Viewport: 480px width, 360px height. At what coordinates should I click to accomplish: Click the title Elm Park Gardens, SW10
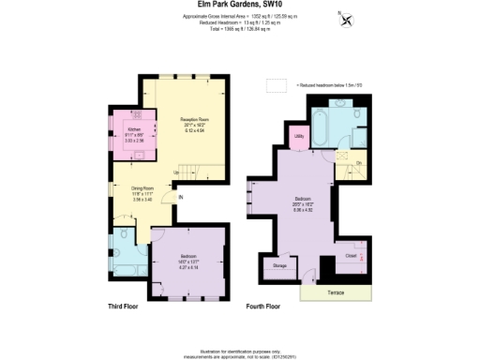[x=240, y=5]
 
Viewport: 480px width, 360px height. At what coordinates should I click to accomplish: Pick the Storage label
[x=279, y=266]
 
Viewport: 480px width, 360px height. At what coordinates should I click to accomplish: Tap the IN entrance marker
[x=181, y=196]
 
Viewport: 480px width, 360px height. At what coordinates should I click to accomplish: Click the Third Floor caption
[x=125, y=307]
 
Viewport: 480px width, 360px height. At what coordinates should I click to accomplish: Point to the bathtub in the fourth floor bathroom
[x=322, y=121]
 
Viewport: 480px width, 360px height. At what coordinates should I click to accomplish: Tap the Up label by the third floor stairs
[x=175, y=172]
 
